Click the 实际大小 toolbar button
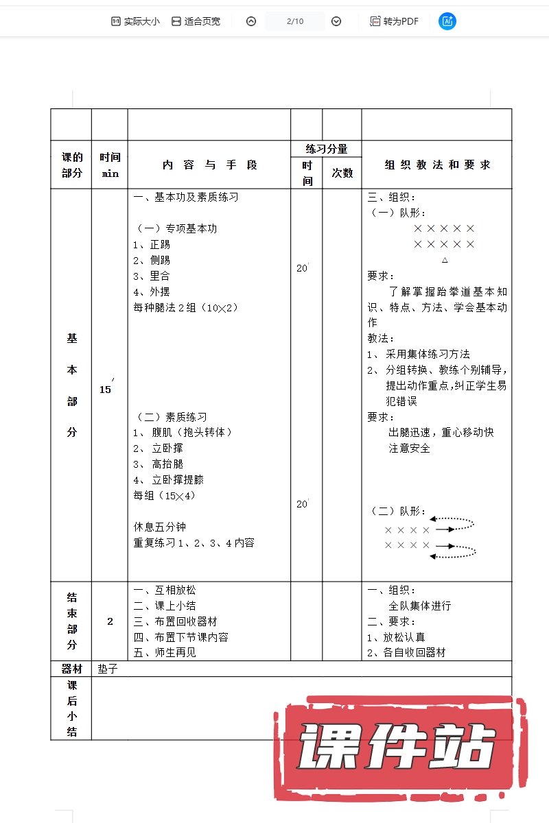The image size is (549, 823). pyautogui.click(x=135, y=21)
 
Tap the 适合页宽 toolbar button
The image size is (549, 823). pyautogui.click(x=196, y=21)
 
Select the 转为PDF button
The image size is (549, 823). pyautogui.click(x=394, y=21)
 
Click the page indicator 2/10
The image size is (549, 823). pyautogui.click(x=294, y=21)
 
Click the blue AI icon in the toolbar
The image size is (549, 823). pyautogui.click(x=447, y=21)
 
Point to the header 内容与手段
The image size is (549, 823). pyautogui.click(x=209, y=165)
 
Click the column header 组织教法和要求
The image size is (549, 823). pyautogui.click(x=437, y=165)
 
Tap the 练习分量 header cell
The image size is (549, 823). pyautogui.click(x=326, y=149)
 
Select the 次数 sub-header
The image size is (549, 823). pyautogui.click(x=342, y=173)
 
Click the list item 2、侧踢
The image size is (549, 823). pyautogui.click(x=152, y=260)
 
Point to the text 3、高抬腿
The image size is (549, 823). pyautogui.click(x=159, y=464)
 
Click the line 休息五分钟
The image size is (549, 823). pyautogui.click(x=159, y=527)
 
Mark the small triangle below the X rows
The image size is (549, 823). pyautogui.click(x=445, y=260)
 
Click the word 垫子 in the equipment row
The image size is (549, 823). pyautogui.click(x=108, y=669)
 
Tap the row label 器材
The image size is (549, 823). pyautogui.click(x=71, y=669)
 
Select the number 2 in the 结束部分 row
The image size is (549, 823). pyautogui.click(x=110, y=621)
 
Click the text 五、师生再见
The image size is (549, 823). pyautogui.click(x=165, y=652)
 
